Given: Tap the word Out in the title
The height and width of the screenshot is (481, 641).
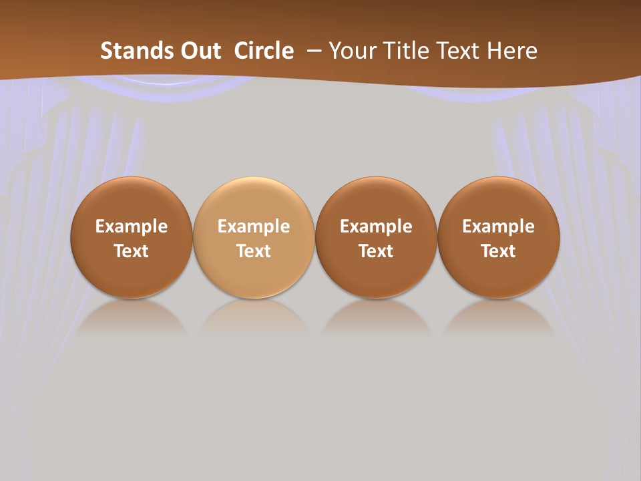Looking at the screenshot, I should click(x=200, y=51).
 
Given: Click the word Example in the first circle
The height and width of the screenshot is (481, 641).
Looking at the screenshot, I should click(x=132, y=226).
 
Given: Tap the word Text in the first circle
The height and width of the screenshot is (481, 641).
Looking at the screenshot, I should click(x=132, y=251).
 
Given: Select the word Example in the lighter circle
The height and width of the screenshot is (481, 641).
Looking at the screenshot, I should click(x=254, y=226).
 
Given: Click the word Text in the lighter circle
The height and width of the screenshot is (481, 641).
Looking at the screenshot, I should click(x=254, y=251).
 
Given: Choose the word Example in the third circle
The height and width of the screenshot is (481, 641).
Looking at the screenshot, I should click(x=376, y=226).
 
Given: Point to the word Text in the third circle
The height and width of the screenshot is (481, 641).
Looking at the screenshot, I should click(x=376, y=251).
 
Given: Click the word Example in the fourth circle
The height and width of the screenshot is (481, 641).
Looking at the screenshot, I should click(x=498, y=226).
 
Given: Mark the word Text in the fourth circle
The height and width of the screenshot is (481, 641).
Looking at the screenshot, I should click(x=498, y=251).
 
